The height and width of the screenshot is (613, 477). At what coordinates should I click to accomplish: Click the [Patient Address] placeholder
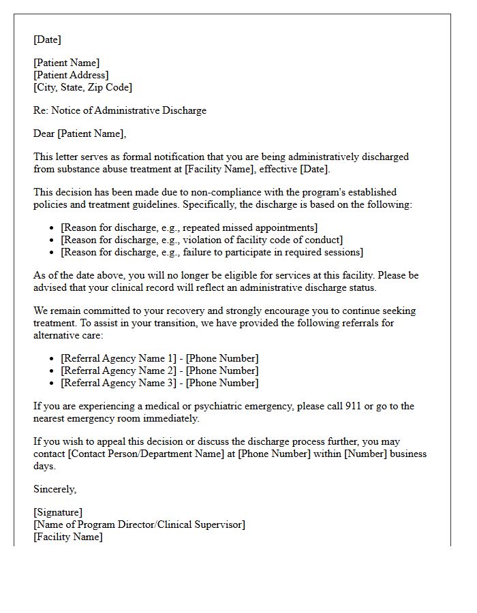tap(71, 75)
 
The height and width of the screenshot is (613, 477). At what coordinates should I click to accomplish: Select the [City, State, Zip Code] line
tap(82, 87)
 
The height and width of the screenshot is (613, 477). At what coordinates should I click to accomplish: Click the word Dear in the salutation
tap(44, 133)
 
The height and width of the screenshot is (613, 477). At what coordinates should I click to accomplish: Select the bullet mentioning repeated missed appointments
tap(189, 227)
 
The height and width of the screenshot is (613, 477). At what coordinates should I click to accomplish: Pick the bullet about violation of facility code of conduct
tap(201, 240)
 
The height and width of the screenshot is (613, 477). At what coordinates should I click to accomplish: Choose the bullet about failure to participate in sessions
tap(211, 252)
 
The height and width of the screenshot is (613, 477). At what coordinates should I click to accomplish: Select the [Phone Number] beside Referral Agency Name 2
tap(222, 371)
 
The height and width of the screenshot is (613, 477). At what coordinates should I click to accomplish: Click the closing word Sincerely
tap(55, 489)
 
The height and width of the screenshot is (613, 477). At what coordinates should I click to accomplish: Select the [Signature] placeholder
tap(58, 512)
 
